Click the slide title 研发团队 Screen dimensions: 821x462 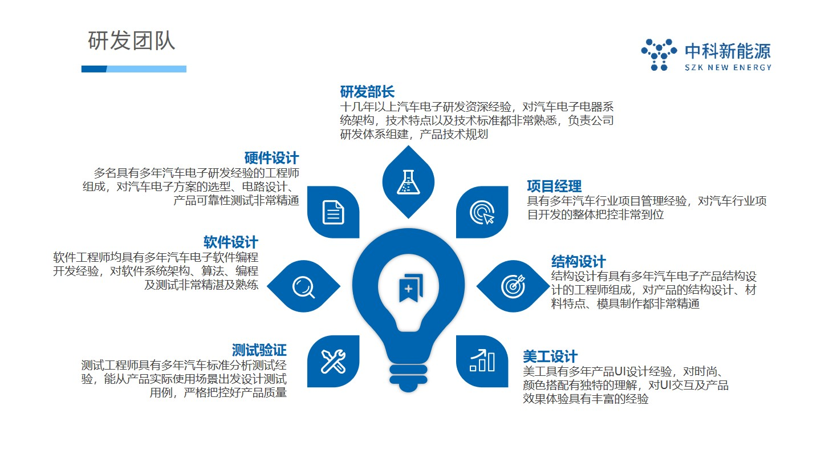(x=131, y=40)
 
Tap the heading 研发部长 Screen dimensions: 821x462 (x=367, y=92)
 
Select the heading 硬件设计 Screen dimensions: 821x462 (x=271, y=158)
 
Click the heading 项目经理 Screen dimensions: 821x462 (x=554, y=187)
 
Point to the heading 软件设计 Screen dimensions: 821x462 (x=231, y=242)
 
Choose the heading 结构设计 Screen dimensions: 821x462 (x=578, y=262)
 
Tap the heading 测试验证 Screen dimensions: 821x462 (x=259, y=350)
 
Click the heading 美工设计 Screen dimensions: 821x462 (x=550, y=356)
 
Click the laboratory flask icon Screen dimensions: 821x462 (x=408, y=182)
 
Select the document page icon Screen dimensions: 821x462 (x=333, y=212)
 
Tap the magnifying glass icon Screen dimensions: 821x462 (x=303, y=287)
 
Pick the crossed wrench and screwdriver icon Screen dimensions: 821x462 (x=333, y=362)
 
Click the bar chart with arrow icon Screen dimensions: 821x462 (x=482, y=360)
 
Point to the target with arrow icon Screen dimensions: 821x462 (x=513, y=286)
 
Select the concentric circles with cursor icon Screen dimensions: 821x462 (x=482, y=212)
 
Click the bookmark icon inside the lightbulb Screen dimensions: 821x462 (x=411, y=288)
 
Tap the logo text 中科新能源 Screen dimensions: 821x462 (x=728, y=51)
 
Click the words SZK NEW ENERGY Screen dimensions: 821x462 (x=728, y=67)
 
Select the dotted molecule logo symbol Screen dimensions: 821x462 (x=659, y=55)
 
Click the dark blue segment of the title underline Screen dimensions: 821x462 (x=94, y=69)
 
